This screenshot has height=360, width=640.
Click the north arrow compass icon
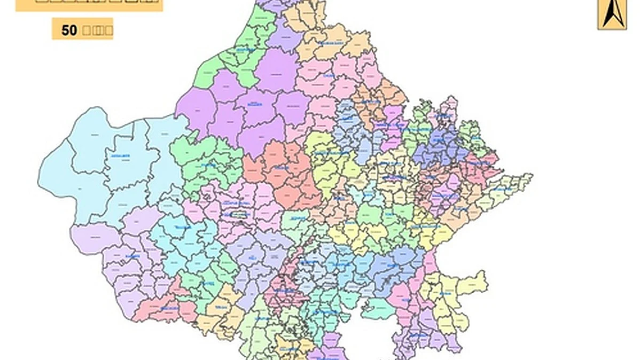tap(612, 14)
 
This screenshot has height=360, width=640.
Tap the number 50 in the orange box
tap(69, 30)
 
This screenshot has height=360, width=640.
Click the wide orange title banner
tap(89, 5)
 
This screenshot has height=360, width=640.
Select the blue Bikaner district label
tap(255, 105)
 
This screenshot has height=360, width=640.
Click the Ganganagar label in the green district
tap(245, 50)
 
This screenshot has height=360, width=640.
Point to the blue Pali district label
tap(252, 257)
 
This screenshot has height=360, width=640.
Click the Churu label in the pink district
tap(329, 76)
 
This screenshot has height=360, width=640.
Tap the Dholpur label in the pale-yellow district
tap(503, 189)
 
